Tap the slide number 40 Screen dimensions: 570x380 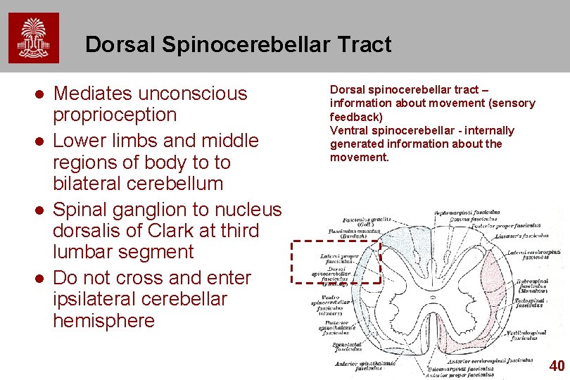click(557, 365)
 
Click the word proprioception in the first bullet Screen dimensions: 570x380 click(115, 115)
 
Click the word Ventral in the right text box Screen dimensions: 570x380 click(350, 130)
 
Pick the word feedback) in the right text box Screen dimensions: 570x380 click(357, 117)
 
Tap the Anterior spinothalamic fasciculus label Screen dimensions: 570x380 click(364, 365)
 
